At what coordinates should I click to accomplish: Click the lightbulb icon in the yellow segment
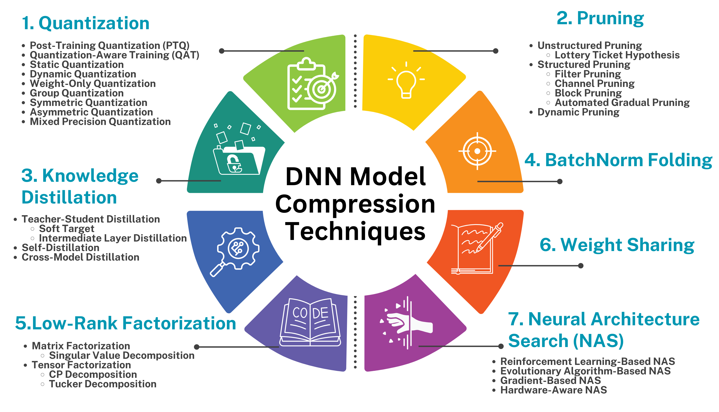(406, 81)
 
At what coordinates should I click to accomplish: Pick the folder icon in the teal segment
(239, 153)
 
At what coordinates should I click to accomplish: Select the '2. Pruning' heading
(600, 18)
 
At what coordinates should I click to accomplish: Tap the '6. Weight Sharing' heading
(617, 245)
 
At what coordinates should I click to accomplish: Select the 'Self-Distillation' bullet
(60, 248)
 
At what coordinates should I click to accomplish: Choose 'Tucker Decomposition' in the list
(103, 384)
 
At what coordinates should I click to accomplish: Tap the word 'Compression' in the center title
(355, 204)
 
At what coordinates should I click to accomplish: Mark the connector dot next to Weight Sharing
(581, 266)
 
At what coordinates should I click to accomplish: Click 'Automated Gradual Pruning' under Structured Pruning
(622, 102)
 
